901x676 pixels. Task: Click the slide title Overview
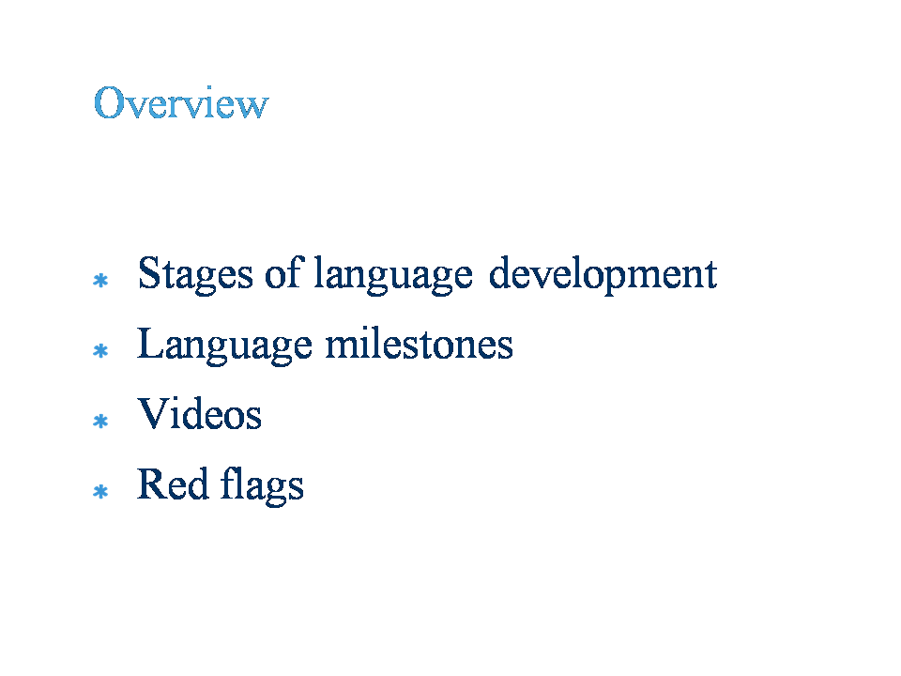click(x=181, y=103)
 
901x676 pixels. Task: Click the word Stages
click(x=195, y=275)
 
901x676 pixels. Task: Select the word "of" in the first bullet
click(x=283, y=272)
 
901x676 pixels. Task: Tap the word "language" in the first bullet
click(x=393, y=275)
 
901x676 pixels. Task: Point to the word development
click(x=603, y=275)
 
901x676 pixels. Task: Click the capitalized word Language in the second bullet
click(x=224, y=346)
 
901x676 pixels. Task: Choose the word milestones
click(x=419, y=344)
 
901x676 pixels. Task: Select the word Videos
click(x=199, y=413)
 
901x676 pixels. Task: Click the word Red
click(x=173, y=484)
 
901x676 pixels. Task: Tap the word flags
click(x=262, y=485)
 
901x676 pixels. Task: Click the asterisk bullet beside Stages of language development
click(x=100, y=280)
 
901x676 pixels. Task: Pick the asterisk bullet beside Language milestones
click(x=100, y=350)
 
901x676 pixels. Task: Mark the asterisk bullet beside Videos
click(x=100, y=422)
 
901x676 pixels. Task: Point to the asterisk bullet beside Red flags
click(x=100, y=491)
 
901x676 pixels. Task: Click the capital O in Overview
click(x=109, y=103)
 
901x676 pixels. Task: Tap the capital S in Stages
click(x=148, y=272)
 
